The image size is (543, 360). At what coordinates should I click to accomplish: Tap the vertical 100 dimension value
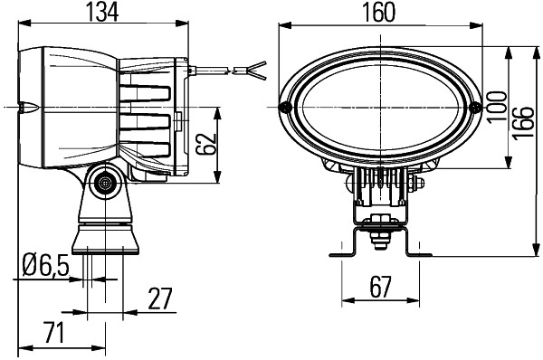tap(495, 108)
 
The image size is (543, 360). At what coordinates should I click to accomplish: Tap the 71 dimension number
tap(53, 332)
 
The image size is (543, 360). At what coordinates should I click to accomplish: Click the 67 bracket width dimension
tap(379, 288)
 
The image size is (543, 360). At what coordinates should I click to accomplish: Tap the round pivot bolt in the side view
tap(106, 184)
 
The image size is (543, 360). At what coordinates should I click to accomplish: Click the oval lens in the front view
tap(381, 108)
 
